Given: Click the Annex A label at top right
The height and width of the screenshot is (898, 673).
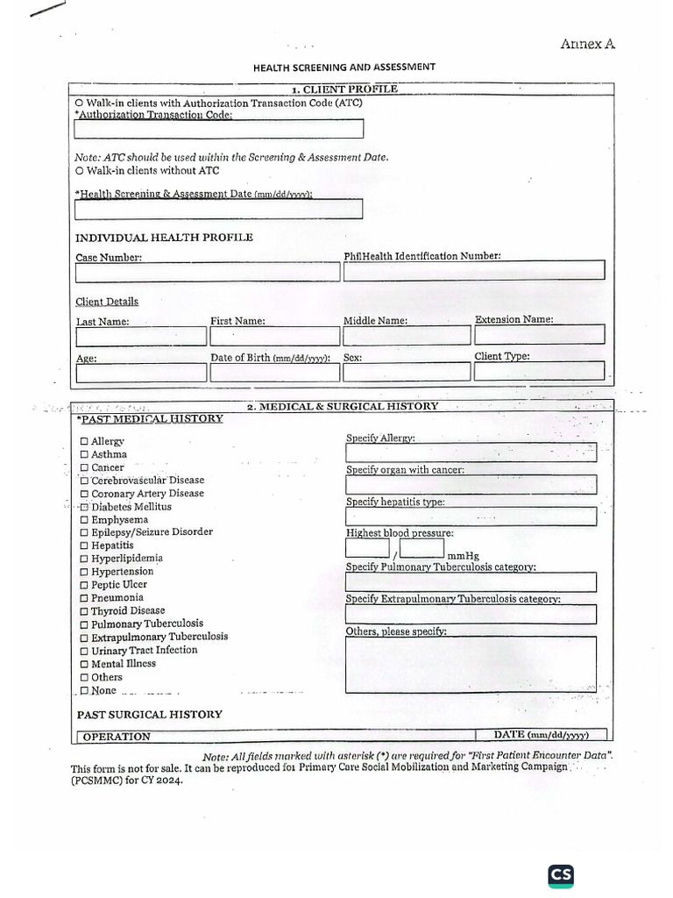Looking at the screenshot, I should [587, 44].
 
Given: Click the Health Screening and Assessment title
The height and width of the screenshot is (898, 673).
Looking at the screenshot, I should [344, 67].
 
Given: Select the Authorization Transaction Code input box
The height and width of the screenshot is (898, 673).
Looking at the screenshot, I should [218, 129].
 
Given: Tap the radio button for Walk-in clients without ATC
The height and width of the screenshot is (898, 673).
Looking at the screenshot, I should [80, 170].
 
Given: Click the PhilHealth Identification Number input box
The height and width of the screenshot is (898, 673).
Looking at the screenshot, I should [473, 271].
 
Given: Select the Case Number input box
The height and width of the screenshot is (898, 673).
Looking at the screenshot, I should [207, 272].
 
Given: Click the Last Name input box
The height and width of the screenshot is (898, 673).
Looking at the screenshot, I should [141, 336].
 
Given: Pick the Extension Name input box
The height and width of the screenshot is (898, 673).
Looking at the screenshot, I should [539, 334].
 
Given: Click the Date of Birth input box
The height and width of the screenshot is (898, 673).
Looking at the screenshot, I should [273, 373].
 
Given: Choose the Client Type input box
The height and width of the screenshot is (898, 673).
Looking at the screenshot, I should [539, 372].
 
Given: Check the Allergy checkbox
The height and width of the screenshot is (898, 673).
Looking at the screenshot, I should [84, 442].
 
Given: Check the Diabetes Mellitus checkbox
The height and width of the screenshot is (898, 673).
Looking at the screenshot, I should [84, 507].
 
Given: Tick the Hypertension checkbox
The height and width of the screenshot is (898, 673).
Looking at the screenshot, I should [84, 572].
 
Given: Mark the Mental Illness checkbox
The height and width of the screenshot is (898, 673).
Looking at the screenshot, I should [84, 665].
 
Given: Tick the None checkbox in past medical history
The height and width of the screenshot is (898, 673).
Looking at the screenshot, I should [84, 691].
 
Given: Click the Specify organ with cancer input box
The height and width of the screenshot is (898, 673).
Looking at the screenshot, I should [471, 484].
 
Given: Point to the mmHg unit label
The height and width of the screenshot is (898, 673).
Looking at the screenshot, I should [464, 556].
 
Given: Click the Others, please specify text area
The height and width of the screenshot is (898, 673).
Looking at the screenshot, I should [471, 664].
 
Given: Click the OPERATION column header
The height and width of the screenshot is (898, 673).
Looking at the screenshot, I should [117, 737].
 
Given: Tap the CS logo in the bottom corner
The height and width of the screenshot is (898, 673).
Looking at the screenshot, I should [561, 875].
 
